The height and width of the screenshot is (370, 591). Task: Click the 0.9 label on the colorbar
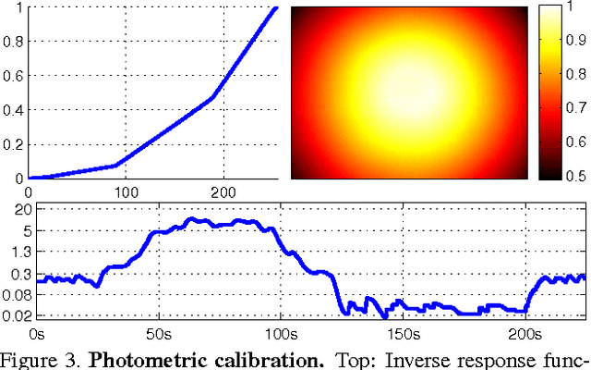click(x=575, y=39)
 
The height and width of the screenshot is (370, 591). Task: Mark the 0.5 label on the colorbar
click(x=575, y=176)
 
